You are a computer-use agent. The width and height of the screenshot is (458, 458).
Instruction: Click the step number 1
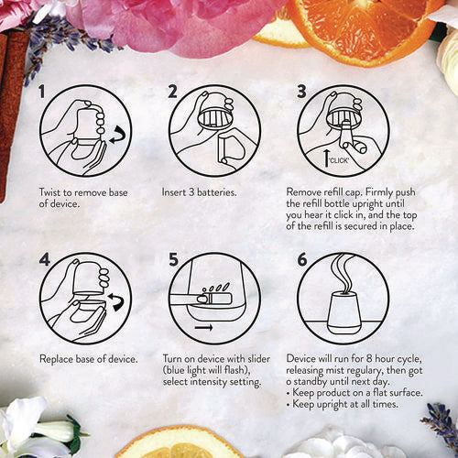(x=43, y=93)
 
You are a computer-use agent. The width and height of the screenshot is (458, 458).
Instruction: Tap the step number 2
(x=172, y=93)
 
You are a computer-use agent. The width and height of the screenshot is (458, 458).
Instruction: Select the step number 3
(x=302, y=93)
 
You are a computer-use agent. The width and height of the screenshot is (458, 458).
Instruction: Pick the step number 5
(x=173, y=259)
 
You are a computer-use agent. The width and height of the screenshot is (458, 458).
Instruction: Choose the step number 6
(x=302, y=259)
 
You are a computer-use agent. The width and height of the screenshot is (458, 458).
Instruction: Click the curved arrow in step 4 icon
(x=114, y=300)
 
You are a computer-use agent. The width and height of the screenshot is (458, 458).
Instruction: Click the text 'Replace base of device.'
(x=88, y=358)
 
